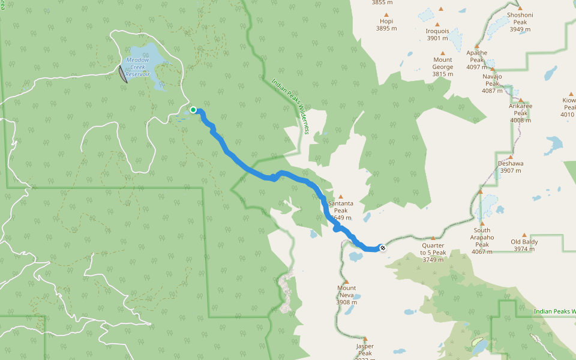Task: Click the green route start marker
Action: [x=193, y=110]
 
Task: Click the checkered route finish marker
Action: [x=382, y=247]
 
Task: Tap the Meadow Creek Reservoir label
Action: [x=137, y=67]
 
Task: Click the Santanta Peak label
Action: [x=340, y=207]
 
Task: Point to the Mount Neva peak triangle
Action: [x=346, y=281]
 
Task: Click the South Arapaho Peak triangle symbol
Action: [x=482, y=223]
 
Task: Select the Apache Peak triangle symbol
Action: [x=477, y=46]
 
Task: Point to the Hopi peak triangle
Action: [x=386, y=14]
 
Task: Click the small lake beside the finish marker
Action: [x=356, y=257]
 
